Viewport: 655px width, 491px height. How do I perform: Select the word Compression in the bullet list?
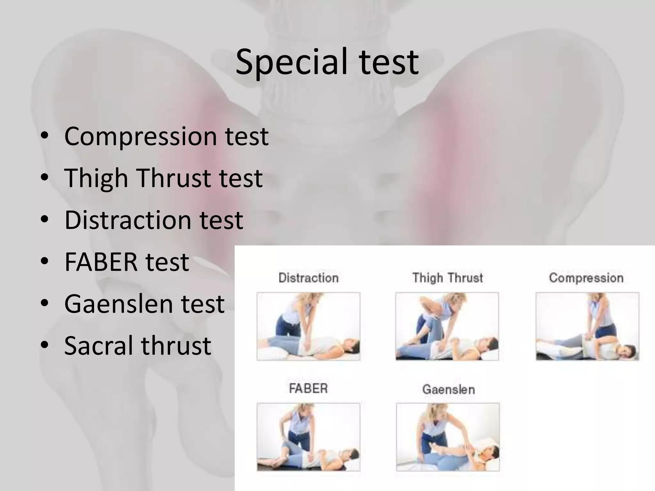[140, 136]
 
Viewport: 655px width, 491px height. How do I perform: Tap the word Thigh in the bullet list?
[96, 178]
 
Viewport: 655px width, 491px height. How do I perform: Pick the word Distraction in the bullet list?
[127, 220]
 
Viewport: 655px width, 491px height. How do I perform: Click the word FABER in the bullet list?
[101, 262]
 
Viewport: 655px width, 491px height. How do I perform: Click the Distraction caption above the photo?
[308, 278]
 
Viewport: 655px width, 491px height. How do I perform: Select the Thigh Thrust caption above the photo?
[447, 278]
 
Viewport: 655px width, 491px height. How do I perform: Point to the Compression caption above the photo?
[586, 278]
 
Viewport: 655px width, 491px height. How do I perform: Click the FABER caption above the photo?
[308, 389]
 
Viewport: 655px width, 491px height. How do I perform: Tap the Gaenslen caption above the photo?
[448, 389]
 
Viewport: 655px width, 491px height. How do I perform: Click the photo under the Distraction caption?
[308, 326]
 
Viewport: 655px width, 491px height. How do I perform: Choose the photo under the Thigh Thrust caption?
[447, 326]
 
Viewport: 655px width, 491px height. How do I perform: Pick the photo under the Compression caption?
[587, 326]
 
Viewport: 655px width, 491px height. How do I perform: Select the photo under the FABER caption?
[308, 437]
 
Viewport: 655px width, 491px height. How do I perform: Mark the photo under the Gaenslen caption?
[448, 437]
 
